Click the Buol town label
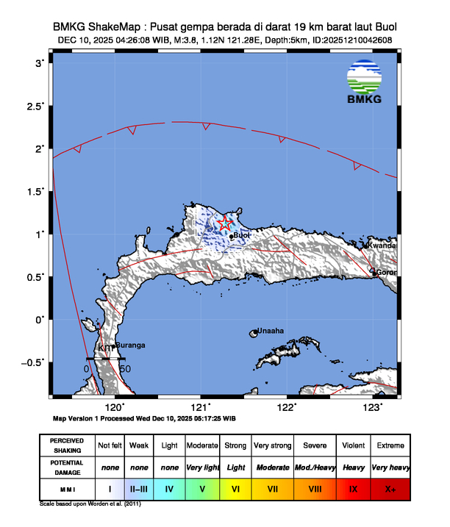tap(242, 236)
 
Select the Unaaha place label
tap(271, 331)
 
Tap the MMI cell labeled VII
tap(273, 487)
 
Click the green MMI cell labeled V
tap(202, 487)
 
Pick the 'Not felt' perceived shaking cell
tap(110, 446)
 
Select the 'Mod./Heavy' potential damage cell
tap(315, 467)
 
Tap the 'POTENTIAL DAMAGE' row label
tap(67, 467)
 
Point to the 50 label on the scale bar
tap(125, 368)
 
